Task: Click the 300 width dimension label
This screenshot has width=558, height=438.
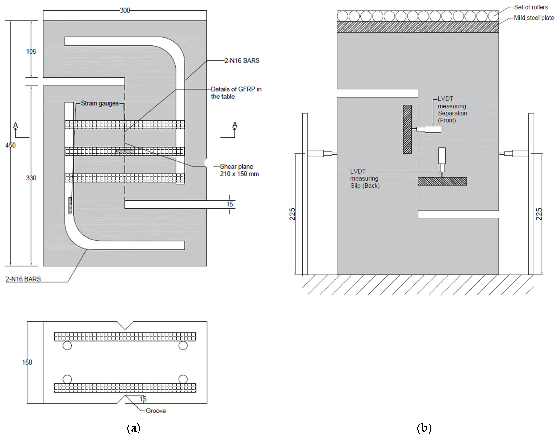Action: click(x=125, y=10)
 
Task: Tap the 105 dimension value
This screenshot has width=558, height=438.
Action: click(x=31, y=51)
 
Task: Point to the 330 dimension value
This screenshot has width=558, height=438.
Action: click(x=31, y=178)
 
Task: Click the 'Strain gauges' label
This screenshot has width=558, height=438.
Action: click(x=100, y=103)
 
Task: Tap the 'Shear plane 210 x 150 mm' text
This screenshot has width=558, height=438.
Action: click(x=239, y=170)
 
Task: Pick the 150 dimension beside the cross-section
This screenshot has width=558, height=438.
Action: click(x=27, y=362)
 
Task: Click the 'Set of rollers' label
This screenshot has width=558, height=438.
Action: click(x=531, y=7)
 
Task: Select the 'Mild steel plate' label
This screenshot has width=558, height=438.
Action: click(x=534, y=18)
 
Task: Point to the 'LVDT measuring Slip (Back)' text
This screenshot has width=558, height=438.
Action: click(x=365, y=178)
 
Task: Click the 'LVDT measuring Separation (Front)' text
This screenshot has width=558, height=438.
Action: click(x=452, y=110)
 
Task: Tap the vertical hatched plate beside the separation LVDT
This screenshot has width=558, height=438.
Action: click(x=407, y=129)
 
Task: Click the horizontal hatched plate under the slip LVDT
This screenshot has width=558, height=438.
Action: click(x=442, y=181)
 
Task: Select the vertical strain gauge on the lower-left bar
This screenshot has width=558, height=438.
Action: click(x=70, y=205)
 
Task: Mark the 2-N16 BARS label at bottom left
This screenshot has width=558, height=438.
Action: click(x=23, y=279)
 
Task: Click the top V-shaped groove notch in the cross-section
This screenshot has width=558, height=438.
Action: click(x=125, y=325)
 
